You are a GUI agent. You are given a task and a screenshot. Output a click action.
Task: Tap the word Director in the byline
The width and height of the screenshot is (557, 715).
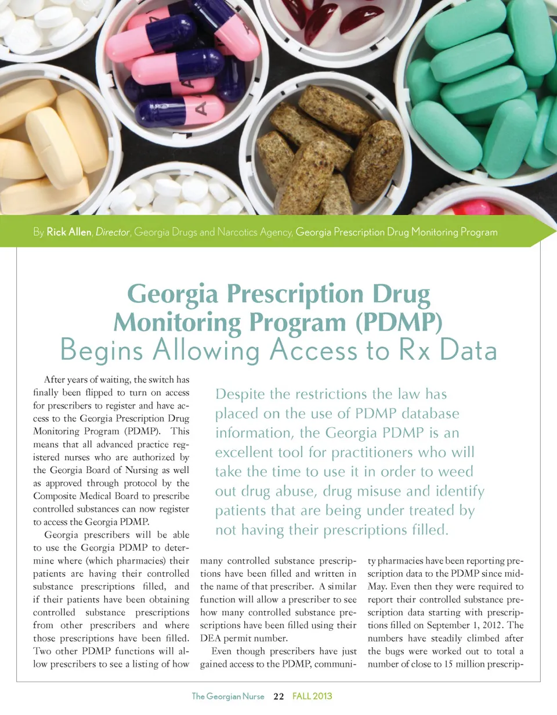point(112,233)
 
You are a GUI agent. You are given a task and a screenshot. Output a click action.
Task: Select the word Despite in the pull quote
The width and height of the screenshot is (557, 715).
point(240,395)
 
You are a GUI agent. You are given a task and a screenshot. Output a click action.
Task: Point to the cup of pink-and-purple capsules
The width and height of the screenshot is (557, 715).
point(183,64)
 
